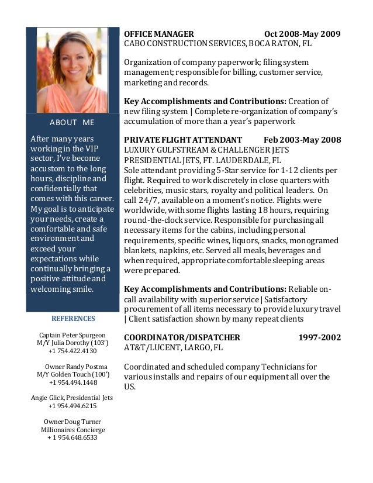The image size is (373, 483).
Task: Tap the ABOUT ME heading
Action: coord(72,122)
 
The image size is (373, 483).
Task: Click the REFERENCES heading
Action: coord(73,319)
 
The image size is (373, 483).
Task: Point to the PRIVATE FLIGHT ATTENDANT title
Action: coord(183,140)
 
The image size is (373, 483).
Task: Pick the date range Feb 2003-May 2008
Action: coord(303,140)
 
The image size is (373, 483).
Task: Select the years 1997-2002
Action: coord(320,337)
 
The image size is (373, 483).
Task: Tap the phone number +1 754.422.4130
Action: coord(72,351)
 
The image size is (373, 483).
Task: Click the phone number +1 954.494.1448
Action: coord(73,382)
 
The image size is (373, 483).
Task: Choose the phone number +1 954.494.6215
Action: coord(72,405)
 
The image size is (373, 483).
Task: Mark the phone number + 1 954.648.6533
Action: coord(72,437)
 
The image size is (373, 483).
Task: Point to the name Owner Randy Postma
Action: coord(72,367)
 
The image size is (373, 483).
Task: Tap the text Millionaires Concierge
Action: coord(72,429)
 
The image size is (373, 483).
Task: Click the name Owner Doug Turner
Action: coord(72,421)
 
